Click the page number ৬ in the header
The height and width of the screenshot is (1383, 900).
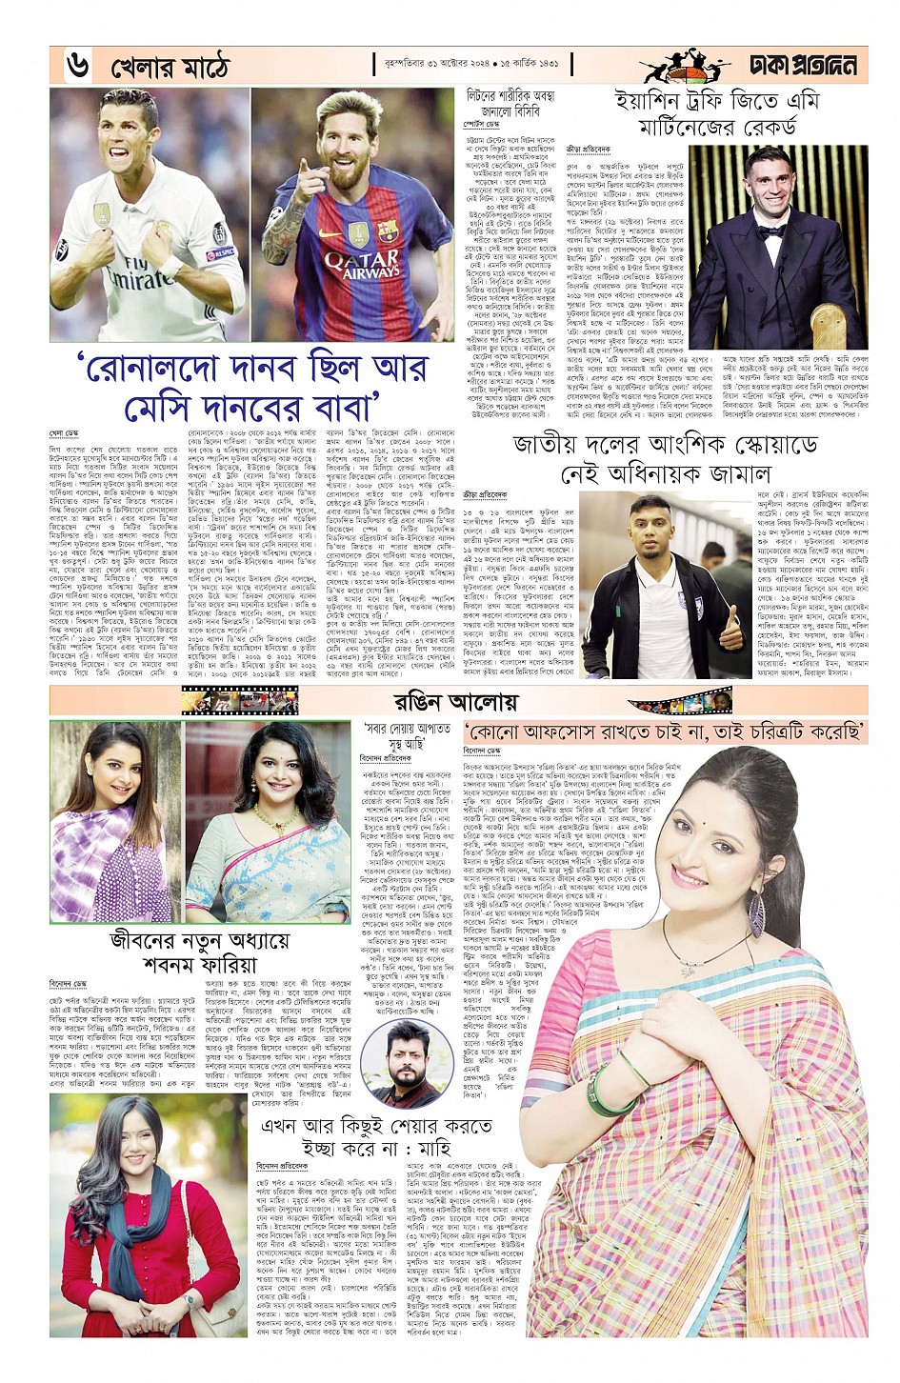pos(77,66)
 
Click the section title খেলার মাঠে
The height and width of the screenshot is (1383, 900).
pos(170,68)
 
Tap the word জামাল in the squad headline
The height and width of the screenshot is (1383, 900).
pos(725,473)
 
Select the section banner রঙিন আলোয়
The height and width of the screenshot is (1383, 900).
pos(455,701)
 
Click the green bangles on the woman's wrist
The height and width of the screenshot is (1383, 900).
pos(614,1086)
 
